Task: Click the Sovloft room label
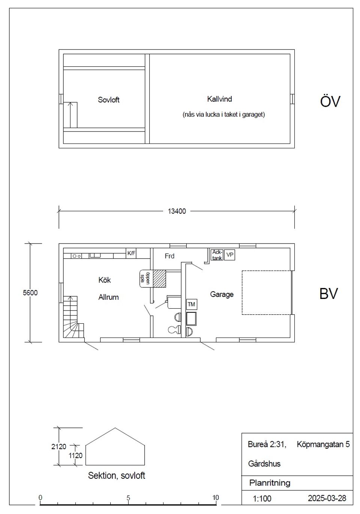pos(108,100)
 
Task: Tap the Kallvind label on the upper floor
pos(219,99)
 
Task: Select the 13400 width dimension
pos(176,211)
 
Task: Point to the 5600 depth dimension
pos(30,293)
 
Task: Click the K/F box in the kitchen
pos(131,253)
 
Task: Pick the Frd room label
pos(169,256)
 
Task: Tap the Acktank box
pos(217,255)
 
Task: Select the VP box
pos(230,255)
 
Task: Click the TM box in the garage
pos(191,304)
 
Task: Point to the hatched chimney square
pos(159,279)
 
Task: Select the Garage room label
pos(222,294)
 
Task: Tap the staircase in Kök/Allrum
pos(72,317)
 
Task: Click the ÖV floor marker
pos(330,102)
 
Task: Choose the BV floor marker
pos(328,294)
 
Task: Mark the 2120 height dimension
pos(58,447)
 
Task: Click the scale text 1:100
pos(262,499)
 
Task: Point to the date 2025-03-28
pos(327,498)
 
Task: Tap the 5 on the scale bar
pos(128,498)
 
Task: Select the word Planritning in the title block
pos(270,483)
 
